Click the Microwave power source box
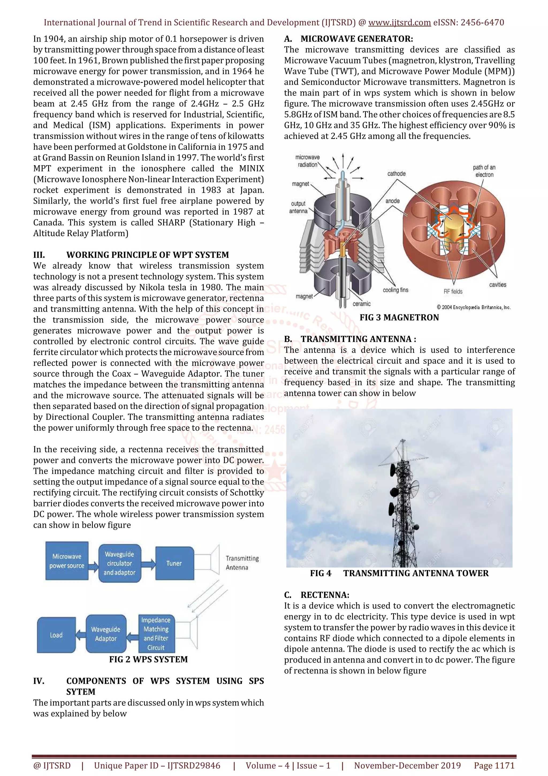click(67, 561)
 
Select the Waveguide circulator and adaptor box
click(120, 563)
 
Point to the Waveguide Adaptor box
click(106, 634)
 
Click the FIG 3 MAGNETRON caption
click(399, 317)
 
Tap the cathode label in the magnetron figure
click(396, 174)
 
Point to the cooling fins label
click(395, 290)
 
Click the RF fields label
click(453, 291)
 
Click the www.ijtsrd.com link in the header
click(399, 23)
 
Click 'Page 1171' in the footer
click(494, 766)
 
